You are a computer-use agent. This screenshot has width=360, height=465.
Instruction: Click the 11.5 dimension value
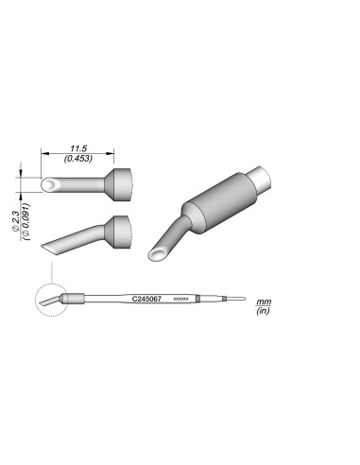pos(79,148)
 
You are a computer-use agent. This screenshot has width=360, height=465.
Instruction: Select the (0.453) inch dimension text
pos(79,159)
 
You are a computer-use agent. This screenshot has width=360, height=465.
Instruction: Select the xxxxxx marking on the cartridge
pos(183,299)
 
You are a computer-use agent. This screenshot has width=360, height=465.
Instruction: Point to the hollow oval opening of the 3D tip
pos(160,255)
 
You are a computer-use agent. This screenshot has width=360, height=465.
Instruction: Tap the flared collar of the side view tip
pos(120,230)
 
